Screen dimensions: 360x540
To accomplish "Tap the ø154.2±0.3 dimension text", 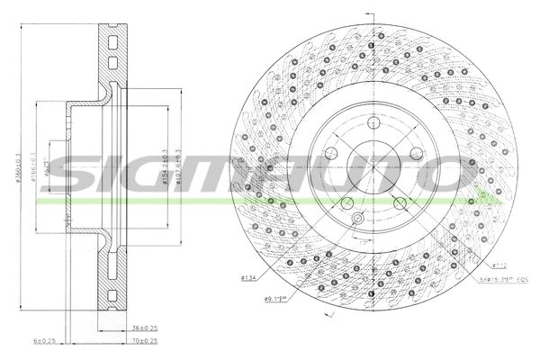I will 163,171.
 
